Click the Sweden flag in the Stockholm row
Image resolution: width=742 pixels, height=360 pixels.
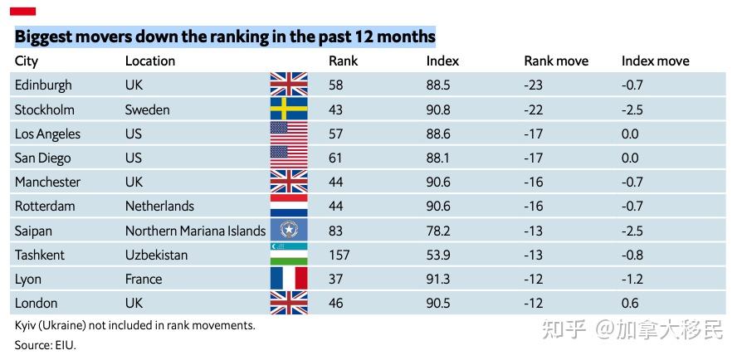click(x=289, y=109)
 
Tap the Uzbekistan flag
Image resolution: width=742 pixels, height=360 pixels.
click(x=289, y=254)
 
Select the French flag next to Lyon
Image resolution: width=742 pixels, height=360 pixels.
click(x=289, y=278)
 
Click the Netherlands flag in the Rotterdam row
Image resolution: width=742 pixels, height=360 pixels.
click(x=289, y=206)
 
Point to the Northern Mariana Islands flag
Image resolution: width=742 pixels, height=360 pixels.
click(x=289, y=230)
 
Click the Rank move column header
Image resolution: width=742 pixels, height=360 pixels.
click(x=556, y=61)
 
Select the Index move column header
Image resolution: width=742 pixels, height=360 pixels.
click(x=656, y=61)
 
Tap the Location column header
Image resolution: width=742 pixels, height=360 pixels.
click(x=150, y=61)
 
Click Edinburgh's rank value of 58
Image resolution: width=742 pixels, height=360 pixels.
click(x=335, y=85)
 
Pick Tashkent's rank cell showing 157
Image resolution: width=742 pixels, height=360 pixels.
click(x=339, y=255)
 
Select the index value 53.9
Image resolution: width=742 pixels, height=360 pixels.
click(x=438, y=255)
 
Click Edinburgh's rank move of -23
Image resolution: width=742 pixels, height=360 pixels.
click(x=534, y=85)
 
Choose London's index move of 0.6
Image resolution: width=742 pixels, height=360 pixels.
click(x=630, y=304)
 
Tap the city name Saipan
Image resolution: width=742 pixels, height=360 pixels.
click(x=33, y=231)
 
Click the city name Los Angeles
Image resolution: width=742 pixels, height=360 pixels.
click(x=47, y=134)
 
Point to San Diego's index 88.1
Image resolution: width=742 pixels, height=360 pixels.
click(x=438, y=158)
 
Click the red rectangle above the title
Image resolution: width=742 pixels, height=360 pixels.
click(x=22, y=12)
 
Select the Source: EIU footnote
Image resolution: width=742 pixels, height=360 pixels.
click(x=46, y=345)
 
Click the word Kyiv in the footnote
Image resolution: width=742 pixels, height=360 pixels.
click(x=25, y=326)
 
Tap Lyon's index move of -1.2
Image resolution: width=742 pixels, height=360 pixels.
click(x=632, y=279)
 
